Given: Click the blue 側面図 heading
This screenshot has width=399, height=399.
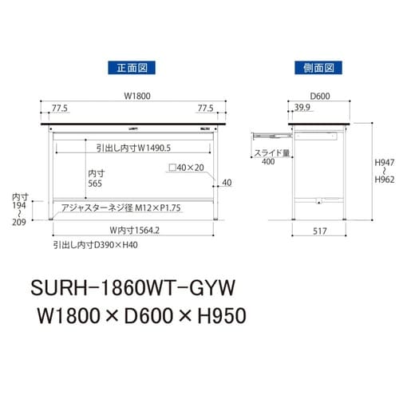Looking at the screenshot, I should tap(315, 68).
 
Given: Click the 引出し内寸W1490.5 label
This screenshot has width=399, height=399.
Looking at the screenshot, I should tap(132, 148).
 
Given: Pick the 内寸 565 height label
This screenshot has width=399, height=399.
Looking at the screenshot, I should tap(97, 176).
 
